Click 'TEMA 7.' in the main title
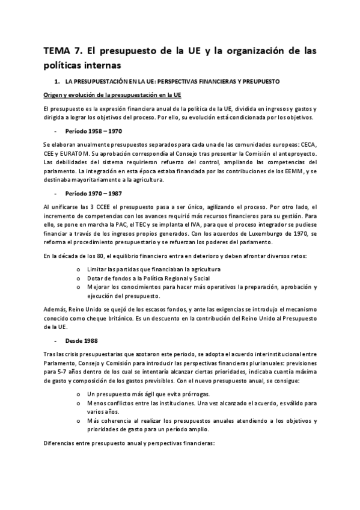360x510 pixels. point(63,50)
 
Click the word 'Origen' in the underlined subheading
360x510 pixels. point(53,95)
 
